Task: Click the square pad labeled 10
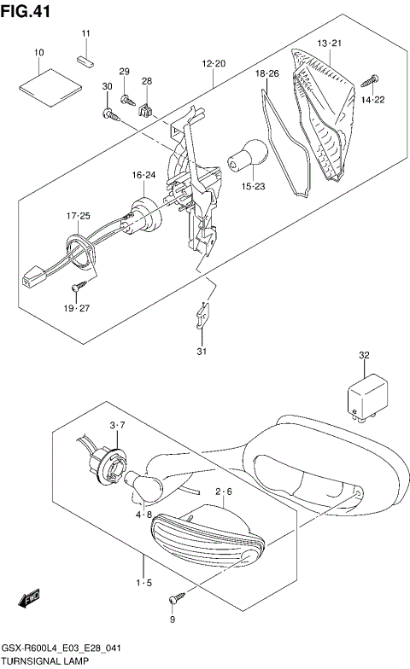(x=40, y=82)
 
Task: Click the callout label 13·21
(x=329, y=43)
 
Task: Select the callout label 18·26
(x=267, y=74)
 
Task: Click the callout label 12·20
(x=214, y=64)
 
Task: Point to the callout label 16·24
(x=143, y=174)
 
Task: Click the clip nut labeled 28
(x=146, y=108)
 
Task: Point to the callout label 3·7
(x=118, y=424)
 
